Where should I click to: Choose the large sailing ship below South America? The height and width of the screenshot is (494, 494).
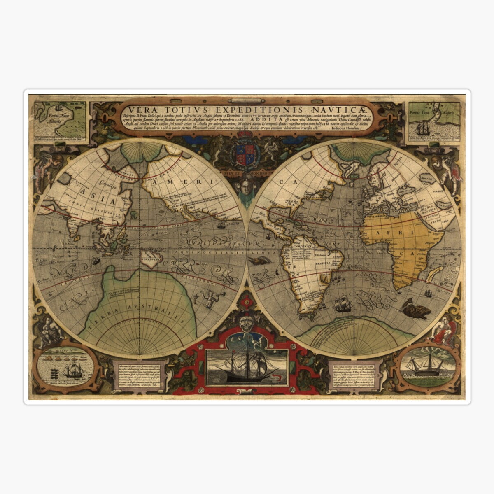pyautogui.click(x=342, y=305)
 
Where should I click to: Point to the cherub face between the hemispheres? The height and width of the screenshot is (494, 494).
pyautogui.click(x=246, y=182)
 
